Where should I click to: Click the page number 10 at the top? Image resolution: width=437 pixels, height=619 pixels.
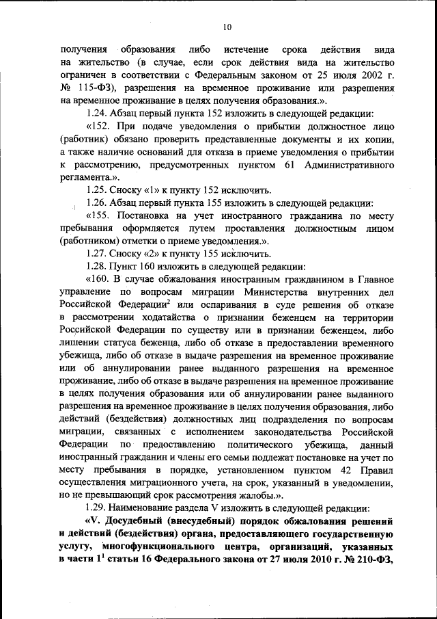click(x=227, y=27)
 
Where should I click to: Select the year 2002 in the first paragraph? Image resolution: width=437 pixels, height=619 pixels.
click(x=358, y=76)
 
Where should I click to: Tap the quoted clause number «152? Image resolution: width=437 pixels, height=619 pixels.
click(x=98, y=127)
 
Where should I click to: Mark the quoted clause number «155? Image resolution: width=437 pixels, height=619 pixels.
click(x=98, y=215)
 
